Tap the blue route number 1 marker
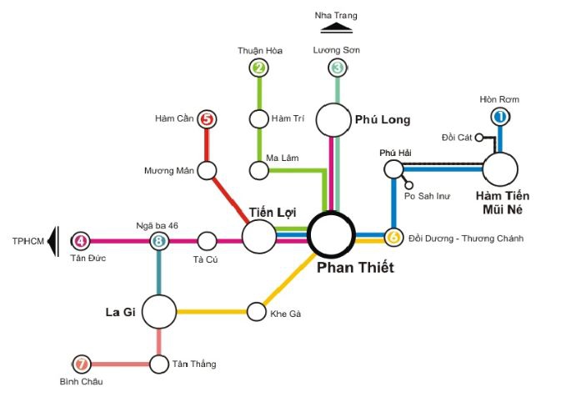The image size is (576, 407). tap(500, 118)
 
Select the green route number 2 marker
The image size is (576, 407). tap(259, 68)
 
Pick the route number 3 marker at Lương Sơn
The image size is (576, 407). tap(337, 68)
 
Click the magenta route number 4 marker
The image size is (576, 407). tap(80, 242)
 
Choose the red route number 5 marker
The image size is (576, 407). tap(208, 119)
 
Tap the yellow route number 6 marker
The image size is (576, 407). tap(393, 238)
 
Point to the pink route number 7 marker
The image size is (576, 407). tap(81, 364)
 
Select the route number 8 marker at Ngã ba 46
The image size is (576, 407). tap(158, 242)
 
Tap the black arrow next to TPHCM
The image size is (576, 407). tap(53, 241)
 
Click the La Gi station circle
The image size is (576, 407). tap(158, 312)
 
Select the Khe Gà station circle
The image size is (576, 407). tap(256, 312)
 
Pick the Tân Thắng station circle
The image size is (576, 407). tap(158, 364)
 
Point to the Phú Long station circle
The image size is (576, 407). tap(334, 120)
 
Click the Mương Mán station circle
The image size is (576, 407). tap(208, 170)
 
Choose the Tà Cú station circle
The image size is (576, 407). tap(208, 242)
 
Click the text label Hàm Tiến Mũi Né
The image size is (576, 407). tap(503, 203)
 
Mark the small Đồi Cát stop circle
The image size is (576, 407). tap(479, 138)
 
